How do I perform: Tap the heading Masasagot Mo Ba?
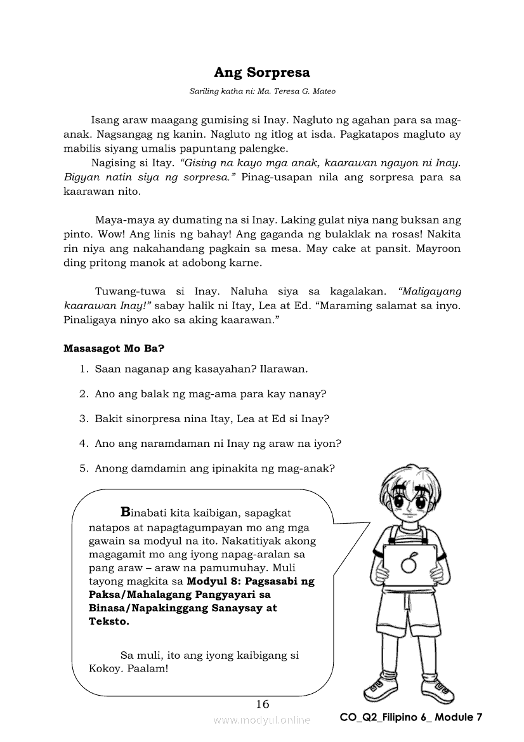[x=114, y=348]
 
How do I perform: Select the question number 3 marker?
[x=83, y=419]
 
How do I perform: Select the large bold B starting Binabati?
[x=125, y=512]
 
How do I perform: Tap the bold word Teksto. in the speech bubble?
[x=109, y=622]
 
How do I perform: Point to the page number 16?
[x=262, y=703]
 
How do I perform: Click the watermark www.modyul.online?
[x=262, y=720]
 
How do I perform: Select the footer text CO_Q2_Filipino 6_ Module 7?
[x=411, y=717]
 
